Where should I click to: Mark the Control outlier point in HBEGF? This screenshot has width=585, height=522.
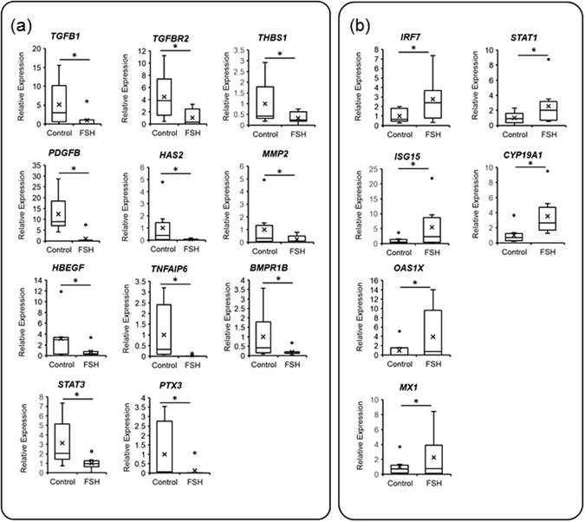(x=59, y=291)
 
